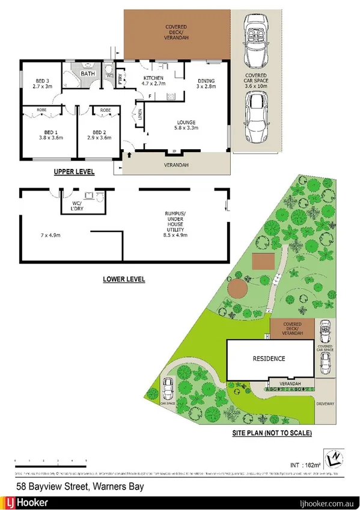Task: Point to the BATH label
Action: [88, 74]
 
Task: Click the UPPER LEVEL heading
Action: [74, 172]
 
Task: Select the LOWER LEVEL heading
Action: [124, 279]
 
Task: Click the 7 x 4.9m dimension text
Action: [51, 234]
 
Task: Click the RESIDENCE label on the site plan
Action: [268, 358]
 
